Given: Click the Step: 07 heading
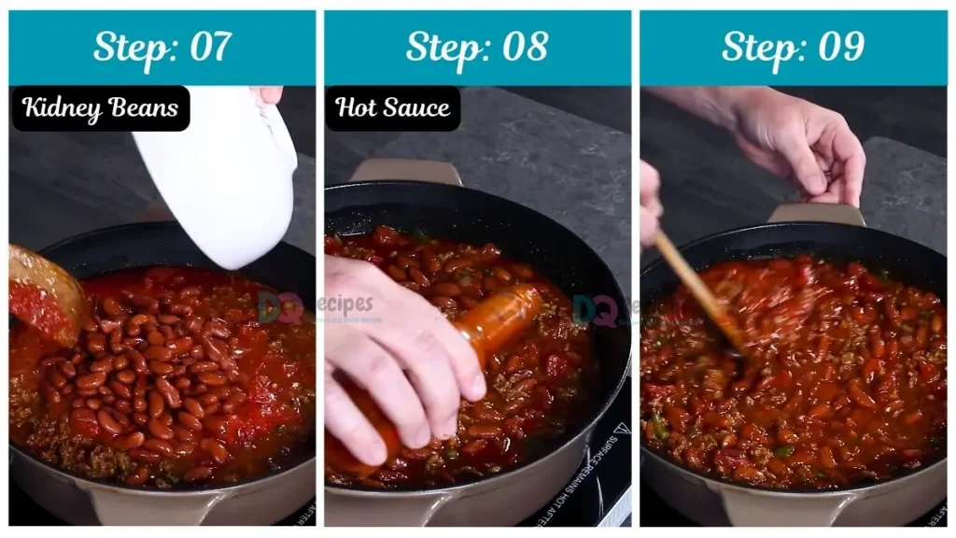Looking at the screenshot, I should [162, 47].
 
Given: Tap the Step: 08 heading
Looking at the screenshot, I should [477, 47].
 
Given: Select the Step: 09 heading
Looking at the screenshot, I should [793, 47].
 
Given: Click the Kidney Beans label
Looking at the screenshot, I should [100, 108].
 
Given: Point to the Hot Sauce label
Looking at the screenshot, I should [392, 108].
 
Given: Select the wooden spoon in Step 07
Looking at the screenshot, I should [42, 290].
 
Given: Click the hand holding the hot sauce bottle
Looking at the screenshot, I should [392, 355].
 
